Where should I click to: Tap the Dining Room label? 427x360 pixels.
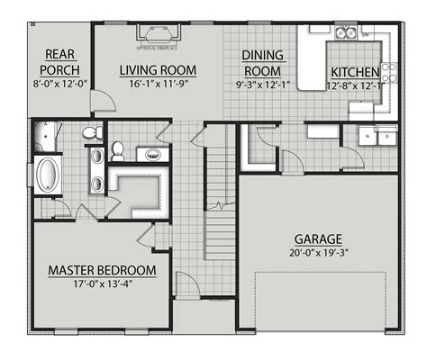[x=263, y=63]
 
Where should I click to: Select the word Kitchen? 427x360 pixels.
[x=355, y=72]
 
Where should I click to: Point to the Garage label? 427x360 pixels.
[x=317, y=239]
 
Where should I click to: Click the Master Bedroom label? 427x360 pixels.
[x=102, y=270]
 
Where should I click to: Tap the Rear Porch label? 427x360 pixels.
[x=56, y=62]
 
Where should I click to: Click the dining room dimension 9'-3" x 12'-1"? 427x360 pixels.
[x=263, y=85]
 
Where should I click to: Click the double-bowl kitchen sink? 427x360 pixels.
[x=345, y=34]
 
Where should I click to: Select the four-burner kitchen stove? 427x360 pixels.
[x=388, y=71]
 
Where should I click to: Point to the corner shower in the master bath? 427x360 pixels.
[x=41, y=138]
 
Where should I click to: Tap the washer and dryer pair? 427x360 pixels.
[x=373, y=137]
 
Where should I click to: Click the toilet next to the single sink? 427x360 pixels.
[x=117, y=151]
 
